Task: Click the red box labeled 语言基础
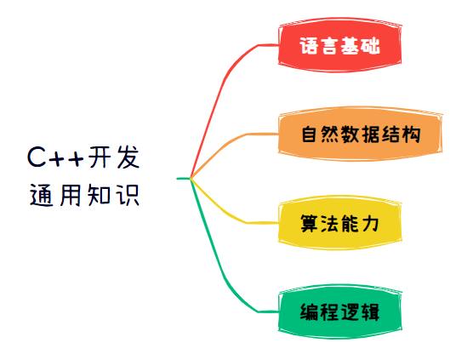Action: [x=339, y=45]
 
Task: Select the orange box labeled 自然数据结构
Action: [x=360, y=134]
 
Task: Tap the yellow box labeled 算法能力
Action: [x=339, y=223]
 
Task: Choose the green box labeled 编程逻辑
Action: [x=339, y=311]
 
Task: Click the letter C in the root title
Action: [x=37, y=157]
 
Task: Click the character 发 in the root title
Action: [x=128, y=157]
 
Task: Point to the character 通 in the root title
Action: [x=42, y=195]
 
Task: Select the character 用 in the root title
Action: [x=71, y=195]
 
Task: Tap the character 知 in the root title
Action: [x=99, y=195]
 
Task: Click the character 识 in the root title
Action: [x=128, y=195]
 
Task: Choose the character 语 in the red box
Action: [x=309, y=46]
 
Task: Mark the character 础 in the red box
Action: [x=370, y=46]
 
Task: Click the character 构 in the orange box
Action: [x=411, y=134]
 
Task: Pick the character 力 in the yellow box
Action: [x=370, y=223]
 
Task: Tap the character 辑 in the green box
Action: [x=370, y=312]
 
